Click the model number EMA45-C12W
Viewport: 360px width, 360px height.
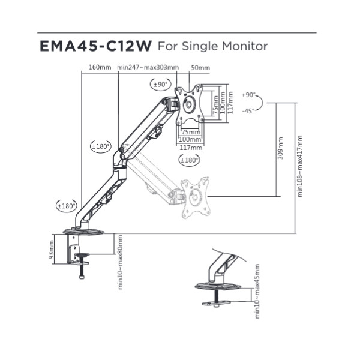(95, 46)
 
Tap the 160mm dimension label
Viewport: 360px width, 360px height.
(100, 67)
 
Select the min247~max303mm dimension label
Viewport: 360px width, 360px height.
(148, 67)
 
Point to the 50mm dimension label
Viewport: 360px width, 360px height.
(200, 67)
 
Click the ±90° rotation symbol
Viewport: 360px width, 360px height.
(161, 85)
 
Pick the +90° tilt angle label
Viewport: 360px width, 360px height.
(248, 95)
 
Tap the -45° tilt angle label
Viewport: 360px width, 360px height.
(248, 111)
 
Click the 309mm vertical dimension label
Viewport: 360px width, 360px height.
(280, 148)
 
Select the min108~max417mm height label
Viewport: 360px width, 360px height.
(300, 166)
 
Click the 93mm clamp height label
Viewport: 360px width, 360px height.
(51, 250)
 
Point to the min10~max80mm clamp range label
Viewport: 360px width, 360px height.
(121, 262)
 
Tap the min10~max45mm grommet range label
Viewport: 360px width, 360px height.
(257, 291)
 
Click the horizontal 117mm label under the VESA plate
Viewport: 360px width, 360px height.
(191, 148)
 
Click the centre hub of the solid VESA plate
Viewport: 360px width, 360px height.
(189, 104)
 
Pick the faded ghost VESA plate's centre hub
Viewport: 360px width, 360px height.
(195, 197)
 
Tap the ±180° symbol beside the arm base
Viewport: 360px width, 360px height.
(67, 206)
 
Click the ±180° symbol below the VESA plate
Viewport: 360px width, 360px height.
(189, 160)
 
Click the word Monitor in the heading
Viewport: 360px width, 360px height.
(245, 46)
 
